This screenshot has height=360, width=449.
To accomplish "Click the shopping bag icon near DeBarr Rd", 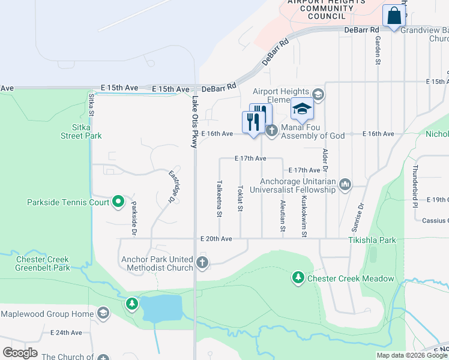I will (394, 16).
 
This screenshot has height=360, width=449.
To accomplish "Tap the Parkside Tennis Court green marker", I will (118, 202).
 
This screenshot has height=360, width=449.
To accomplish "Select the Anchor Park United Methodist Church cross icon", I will (203, 262).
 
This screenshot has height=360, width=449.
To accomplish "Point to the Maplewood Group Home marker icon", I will (103, 313).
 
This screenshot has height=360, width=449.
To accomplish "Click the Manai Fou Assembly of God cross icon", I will (271, 130).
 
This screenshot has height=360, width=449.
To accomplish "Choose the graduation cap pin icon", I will (303, 109).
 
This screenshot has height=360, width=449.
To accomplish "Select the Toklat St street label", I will (240, 198).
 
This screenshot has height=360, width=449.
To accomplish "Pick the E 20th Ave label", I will (216, 239).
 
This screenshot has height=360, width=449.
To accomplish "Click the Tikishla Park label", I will (372, 240).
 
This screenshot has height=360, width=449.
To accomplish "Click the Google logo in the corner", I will (20, 353).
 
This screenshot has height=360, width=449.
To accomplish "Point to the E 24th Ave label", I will (66, 332).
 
